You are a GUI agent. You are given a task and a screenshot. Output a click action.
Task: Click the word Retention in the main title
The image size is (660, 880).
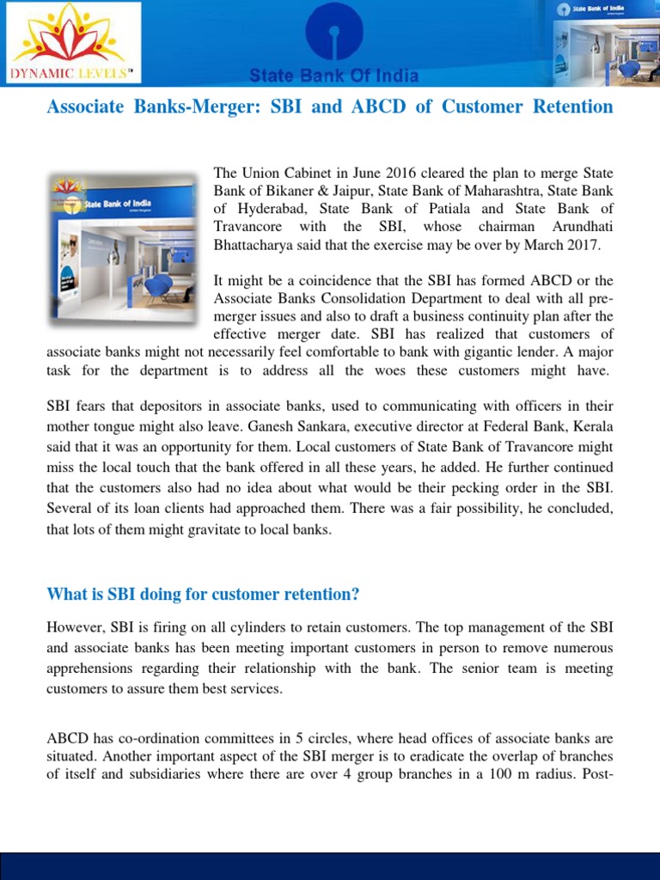572,107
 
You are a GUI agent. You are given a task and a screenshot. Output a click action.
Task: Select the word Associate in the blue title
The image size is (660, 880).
84,107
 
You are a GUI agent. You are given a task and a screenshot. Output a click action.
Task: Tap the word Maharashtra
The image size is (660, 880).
505,192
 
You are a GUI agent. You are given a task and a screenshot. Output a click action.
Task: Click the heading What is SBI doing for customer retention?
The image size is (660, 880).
203,595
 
